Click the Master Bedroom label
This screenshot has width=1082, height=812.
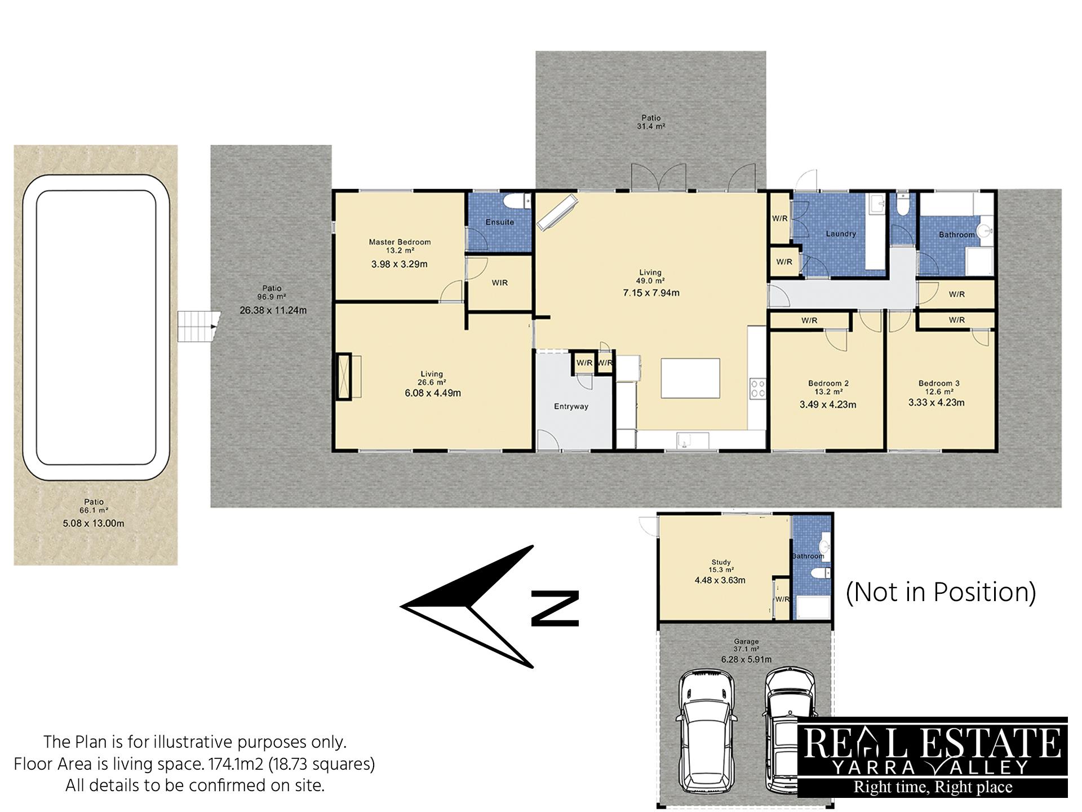tap(400, 242)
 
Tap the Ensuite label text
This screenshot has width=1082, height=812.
tap(500, 222)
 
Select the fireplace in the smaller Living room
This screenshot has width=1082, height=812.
tap(344, 377)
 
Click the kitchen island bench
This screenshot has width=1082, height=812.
tap(690, 378)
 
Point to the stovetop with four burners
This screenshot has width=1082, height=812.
tap(757, 389)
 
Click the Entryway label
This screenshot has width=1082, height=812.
tap(571, 406)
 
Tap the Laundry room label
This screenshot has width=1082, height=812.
tap(841, 233)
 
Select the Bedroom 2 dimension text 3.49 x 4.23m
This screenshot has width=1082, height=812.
tap(828, 404)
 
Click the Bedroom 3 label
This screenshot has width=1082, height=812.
tap(939, 383)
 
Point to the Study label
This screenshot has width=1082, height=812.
tap(721, 562)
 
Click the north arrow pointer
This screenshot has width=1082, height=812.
tap(467, 607)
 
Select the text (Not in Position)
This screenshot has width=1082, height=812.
tap(941, 592)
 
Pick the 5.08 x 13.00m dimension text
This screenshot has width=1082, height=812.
tap(94, 523)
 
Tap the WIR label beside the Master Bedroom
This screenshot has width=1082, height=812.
tap(500, 283)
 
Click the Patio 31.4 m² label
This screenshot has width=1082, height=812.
tap(651, 122)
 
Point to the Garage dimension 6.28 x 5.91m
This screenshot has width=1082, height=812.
tap(746, 659)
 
